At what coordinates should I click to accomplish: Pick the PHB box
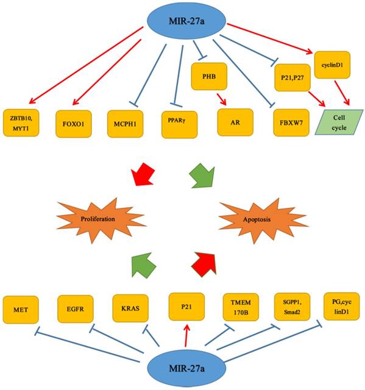[x=209, y=77]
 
